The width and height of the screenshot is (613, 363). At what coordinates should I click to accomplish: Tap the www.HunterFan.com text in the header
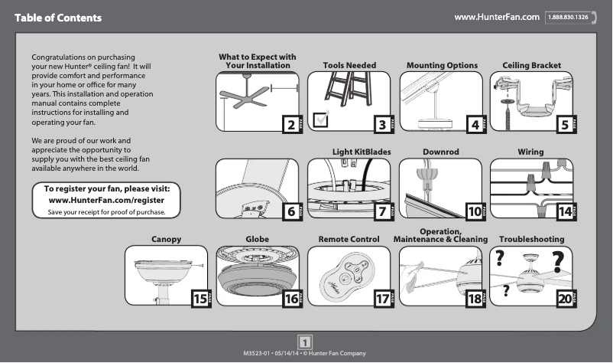(x=497, y=17)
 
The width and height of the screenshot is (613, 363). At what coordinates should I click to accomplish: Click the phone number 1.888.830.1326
(x=572, y=17)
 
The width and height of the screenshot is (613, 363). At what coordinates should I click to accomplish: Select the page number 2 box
(x=290, y=124)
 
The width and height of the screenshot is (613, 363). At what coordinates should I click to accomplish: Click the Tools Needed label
(x=349, y=66)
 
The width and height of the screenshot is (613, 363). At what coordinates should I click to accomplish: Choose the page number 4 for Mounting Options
(x=475, y=124)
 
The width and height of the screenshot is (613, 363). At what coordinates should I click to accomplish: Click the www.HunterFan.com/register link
(x=112, y=200)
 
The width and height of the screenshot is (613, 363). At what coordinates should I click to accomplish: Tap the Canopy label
(x=166, y=240)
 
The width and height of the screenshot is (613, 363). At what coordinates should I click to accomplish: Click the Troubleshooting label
(x=531, y=240)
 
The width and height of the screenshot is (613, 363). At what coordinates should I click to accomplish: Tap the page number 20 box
(x=565, y=299)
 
